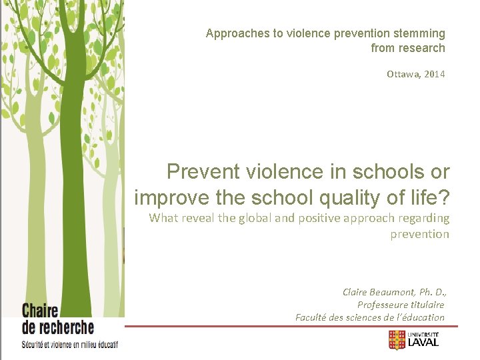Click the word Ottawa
pos(401,73)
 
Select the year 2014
pos(433,73)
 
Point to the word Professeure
pos(383,305)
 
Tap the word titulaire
pos(427,305)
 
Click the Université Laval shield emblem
pos(397,341)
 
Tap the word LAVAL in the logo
pos(425,343)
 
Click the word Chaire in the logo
pos(41,311)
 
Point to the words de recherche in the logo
pos(58,327)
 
